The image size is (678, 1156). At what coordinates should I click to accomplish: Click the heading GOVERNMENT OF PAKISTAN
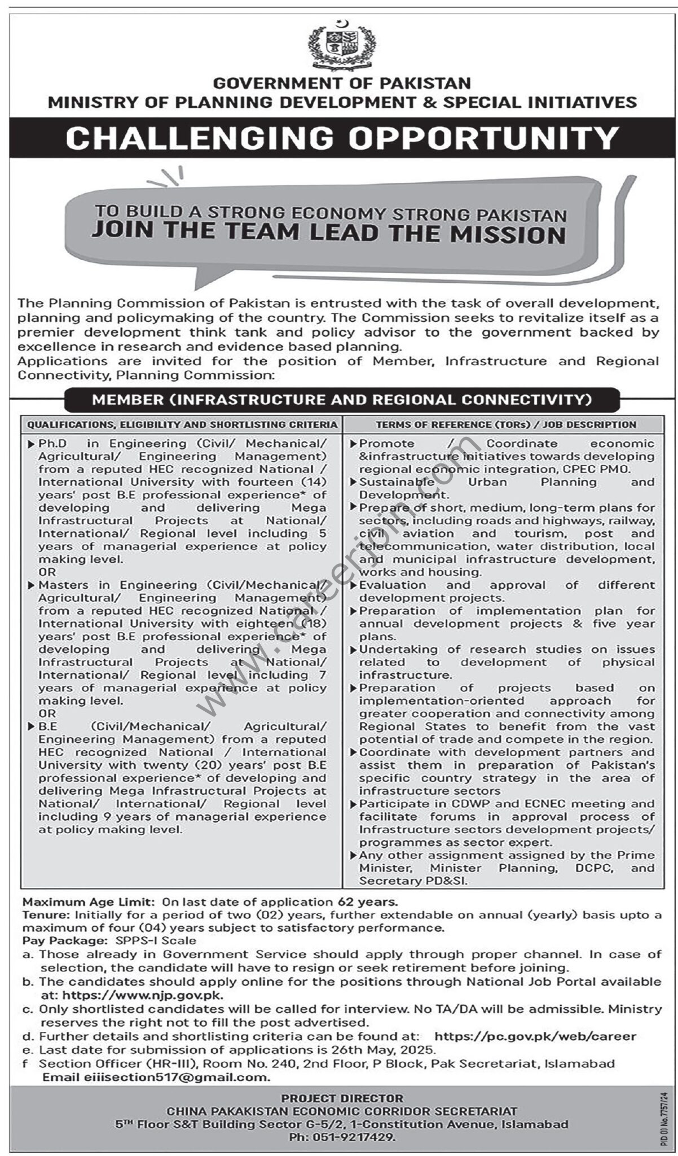coord(342,84)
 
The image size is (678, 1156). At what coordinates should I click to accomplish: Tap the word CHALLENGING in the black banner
coord(200,138)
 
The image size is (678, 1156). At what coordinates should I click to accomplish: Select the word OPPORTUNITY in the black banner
coord(484,138)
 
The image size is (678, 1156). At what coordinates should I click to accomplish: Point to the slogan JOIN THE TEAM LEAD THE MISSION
coord(328,234)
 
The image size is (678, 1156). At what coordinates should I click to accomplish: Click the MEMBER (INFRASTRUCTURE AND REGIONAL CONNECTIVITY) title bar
coord(342,400)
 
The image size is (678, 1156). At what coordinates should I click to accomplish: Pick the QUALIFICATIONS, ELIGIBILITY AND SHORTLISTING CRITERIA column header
coord(182,424)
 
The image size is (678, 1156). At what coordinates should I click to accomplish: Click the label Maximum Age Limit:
coord(90,902)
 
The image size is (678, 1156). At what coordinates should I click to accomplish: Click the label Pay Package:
coord(64,941)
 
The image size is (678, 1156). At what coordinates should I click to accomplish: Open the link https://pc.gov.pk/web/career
coord(535,1036)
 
